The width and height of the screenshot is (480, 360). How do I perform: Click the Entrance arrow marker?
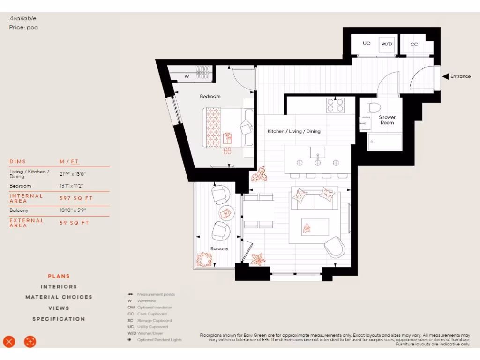pos(445,76)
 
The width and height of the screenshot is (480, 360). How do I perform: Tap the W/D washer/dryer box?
pos(387,44)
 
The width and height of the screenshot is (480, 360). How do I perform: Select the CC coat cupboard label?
pos(414,44)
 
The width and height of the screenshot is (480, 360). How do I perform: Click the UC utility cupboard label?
pos(367,43)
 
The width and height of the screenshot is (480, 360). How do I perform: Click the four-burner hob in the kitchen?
pos(335,105)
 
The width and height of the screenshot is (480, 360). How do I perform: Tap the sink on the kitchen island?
pos(318,152)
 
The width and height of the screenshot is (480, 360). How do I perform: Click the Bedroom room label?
pos(210,96)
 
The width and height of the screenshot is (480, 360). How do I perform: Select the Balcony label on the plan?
pos(219,248)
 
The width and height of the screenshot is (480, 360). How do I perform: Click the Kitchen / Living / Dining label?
pos(294,131)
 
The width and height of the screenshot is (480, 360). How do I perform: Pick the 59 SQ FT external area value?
pos(74,223)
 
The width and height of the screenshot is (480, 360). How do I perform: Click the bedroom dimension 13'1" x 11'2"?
pos(73,186)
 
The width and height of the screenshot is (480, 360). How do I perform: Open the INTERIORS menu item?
pos(59,286)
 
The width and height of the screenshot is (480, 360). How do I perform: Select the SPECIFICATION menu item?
pos(59,319)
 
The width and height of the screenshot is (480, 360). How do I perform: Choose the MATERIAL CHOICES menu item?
pos(59,297)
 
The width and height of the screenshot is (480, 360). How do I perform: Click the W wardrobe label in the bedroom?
pos(187,76)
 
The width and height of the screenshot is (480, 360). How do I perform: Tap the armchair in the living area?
pos(334,247)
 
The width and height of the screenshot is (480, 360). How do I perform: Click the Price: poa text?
pos(23,27)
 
